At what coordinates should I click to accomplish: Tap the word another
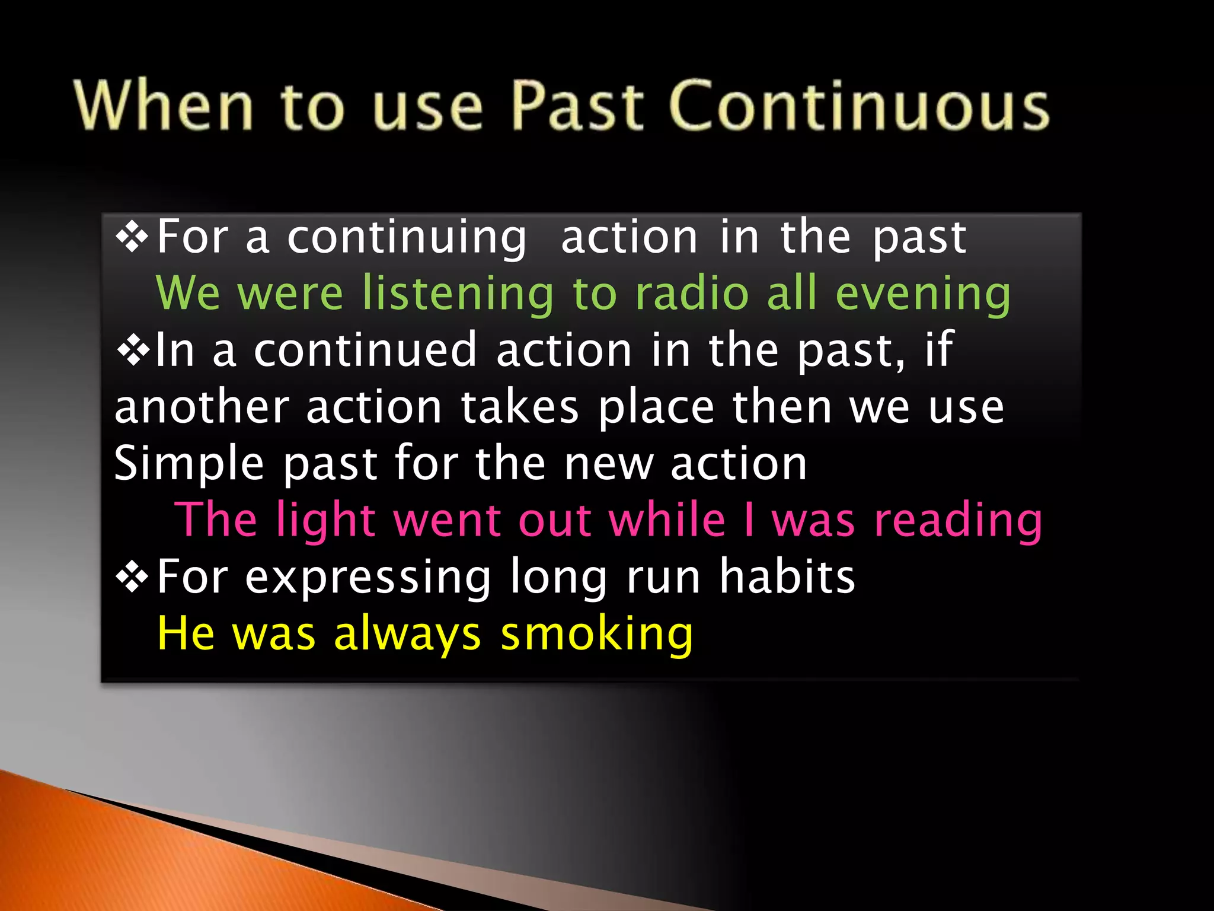pyautogui.click(x=202, y=408)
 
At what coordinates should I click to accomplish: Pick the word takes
pyautogui.click(x=520, y=408)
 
